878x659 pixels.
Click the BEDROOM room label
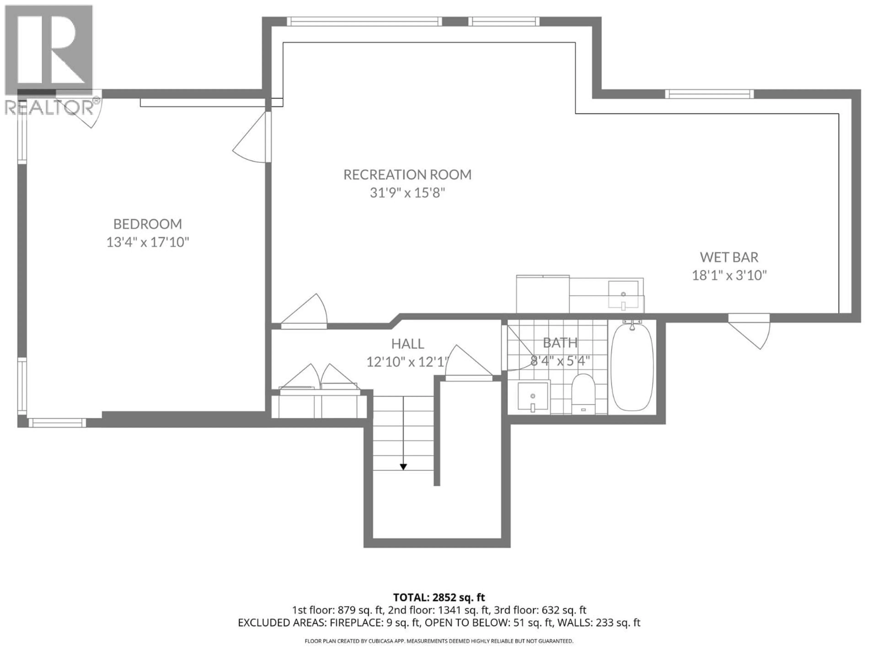coord(148,224)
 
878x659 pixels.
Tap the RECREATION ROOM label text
coord(407,175)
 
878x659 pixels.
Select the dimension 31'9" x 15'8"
coord(407,193)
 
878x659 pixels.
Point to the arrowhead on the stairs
coord(403,467)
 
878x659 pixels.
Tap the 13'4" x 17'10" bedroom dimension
coord(148,242)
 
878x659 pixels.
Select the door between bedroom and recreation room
coord(254,139)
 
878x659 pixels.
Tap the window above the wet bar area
coord(709,94)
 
